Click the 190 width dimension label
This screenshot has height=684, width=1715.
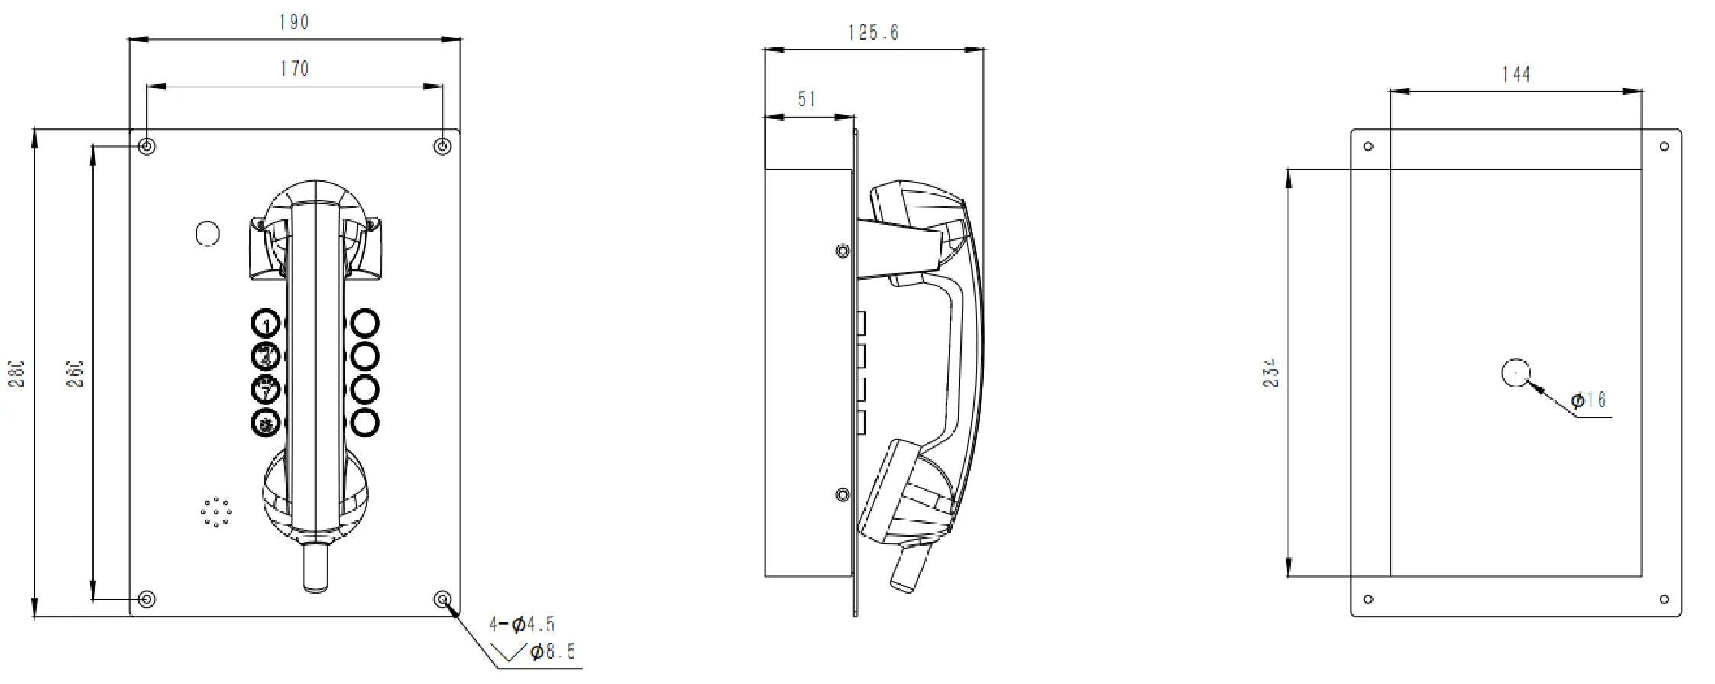tap(294, 22)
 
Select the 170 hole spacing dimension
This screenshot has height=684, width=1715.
tap(294, 70)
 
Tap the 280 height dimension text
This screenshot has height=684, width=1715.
tap(17, 373)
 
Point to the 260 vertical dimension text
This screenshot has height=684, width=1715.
tap(76, 373)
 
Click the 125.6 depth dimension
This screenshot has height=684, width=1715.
tap(873, 33)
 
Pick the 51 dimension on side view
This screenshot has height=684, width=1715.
tap(807, 99)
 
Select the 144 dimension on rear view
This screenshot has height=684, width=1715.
tap(1516, 74)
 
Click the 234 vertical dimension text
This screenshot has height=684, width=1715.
tap(1270, 373)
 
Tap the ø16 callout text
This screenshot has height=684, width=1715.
tap(1588, 400)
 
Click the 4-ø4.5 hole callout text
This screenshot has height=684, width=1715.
tap(522, 624)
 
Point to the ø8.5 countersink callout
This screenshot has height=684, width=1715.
tap(552, 652)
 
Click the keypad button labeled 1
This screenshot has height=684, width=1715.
tap(266, 324)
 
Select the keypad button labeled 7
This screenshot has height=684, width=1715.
tap(266, 391)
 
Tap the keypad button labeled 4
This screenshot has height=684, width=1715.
tap(266, 356)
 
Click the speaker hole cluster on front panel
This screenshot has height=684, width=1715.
tap(216, 512)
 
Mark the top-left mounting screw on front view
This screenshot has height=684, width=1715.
tap(147, 146)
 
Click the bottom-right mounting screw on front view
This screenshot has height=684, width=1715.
tap(442, 599)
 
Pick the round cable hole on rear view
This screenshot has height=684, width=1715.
tap(1516, 373)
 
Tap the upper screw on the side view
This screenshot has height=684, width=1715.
tap(843, 251)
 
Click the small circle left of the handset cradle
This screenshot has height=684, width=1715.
tap(208, 233)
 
